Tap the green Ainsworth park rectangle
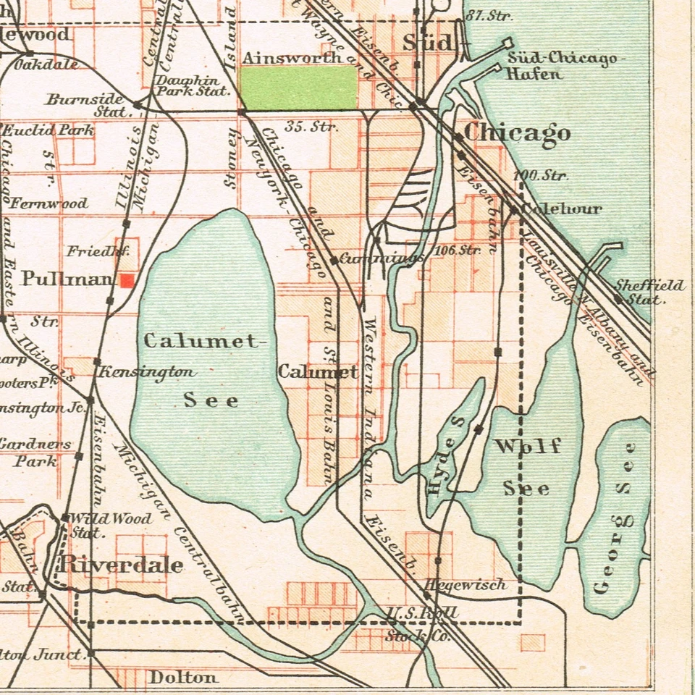click(298, 88)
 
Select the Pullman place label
click(67, 279)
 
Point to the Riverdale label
click(121, 565)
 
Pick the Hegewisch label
click(466, 584)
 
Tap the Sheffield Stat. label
click(649, 292)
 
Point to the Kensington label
click(147, 372)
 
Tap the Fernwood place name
click(49, 203)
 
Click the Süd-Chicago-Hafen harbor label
click(562, 65)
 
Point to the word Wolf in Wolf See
click(527, 446)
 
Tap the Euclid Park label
click(49, 131)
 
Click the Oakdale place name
click(46, 64)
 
